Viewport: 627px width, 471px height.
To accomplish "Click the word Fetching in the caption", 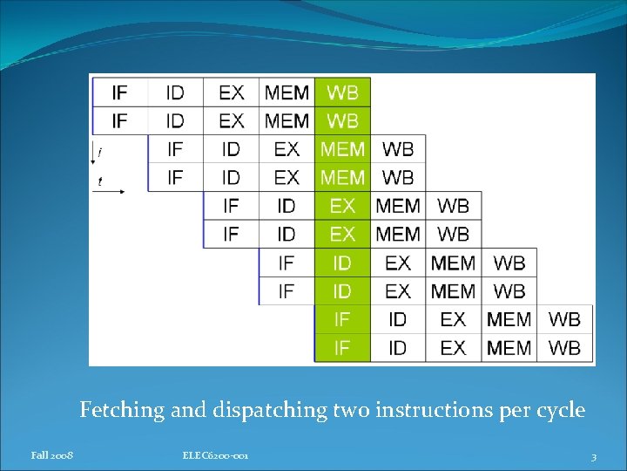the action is pyautogui.click(x=122, y=410).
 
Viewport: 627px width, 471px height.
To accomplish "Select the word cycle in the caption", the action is pyautogui.click(x=556, y=410).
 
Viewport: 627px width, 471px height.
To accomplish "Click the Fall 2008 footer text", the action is pyautogui.click(x=52, y=455).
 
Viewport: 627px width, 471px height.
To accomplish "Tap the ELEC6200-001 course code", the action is pyautogui.click(x=216, y=455).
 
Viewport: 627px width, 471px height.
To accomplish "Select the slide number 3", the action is pyautogui.click(x=593, y=456).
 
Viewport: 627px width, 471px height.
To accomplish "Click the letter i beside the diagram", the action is pyautogui.click(x=99, y=153).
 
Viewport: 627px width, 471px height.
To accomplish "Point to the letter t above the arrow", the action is pyautogui.click(x=99, y=181).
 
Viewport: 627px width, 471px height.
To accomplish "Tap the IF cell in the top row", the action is pyautogui.click(x=119, y=92).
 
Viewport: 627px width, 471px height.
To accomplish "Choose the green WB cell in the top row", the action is pyautogui.click(x=342, y=92).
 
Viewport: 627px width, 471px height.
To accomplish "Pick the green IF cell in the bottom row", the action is pyautogui.click(x=342, y=348).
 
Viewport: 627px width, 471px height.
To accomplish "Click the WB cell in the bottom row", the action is pyautogui.click(x=565, y=348).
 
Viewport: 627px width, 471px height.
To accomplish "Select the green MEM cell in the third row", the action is pyautogui.click(x=342, y=149).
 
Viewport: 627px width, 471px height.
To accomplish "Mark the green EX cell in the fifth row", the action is pyautogui.click(x=342, y=206).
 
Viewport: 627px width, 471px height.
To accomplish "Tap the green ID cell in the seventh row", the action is pyautogui.click(x=342, y=263).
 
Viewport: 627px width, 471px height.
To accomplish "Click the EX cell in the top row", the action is pyautogui.click(x=231, y=92).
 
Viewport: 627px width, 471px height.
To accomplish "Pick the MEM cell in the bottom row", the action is pyautogui.click(x=509, y=348).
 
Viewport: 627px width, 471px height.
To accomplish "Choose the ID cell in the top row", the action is pyautogui.click(x=175, y=92).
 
